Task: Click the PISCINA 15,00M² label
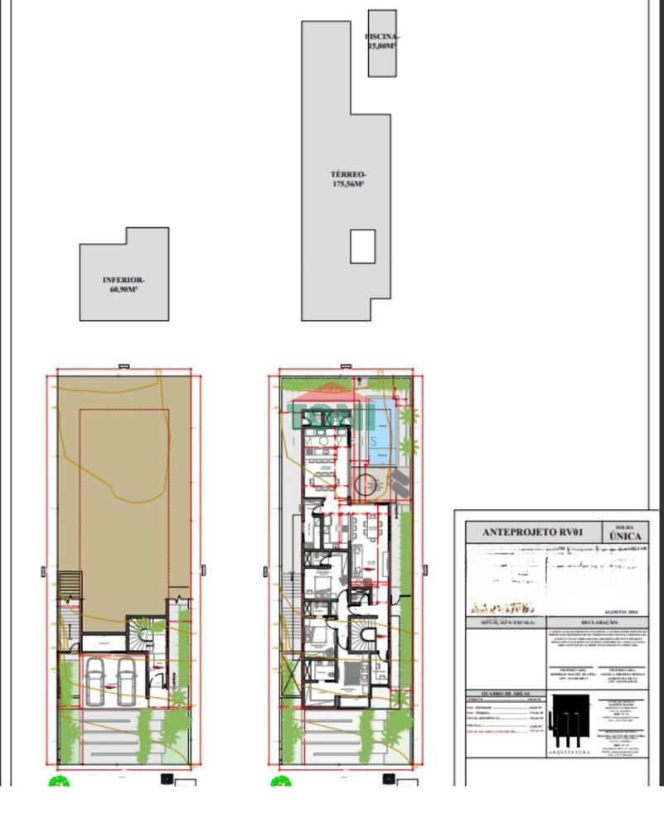[382, 41]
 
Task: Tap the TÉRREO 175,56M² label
[348, 179]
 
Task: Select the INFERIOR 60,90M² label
[124, 284]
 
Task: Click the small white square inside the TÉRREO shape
[362, 246]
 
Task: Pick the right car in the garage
[127, 681]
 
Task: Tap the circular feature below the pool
[366, 483]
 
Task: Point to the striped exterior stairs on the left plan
[70, 584]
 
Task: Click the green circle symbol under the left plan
[59, 781]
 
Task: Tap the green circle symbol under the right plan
[281, 781]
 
